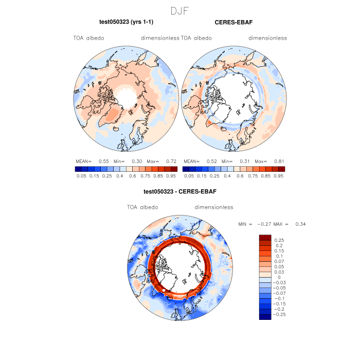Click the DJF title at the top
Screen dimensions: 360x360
(x=179, y=10)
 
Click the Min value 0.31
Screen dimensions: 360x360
(x=244, y=161)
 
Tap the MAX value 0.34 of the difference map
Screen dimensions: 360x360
(x=300, y=224)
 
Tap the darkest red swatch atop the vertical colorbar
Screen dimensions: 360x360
(x=265, y=237)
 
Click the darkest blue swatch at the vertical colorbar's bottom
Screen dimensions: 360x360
(x=265, y=316)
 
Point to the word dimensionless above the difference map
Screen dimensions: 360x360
(x=214, y=207)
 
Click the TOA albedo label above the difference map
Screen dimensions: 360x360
(x=142, y=207)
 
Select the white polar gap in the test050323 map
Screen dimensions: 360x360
(x=127, y=95)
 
